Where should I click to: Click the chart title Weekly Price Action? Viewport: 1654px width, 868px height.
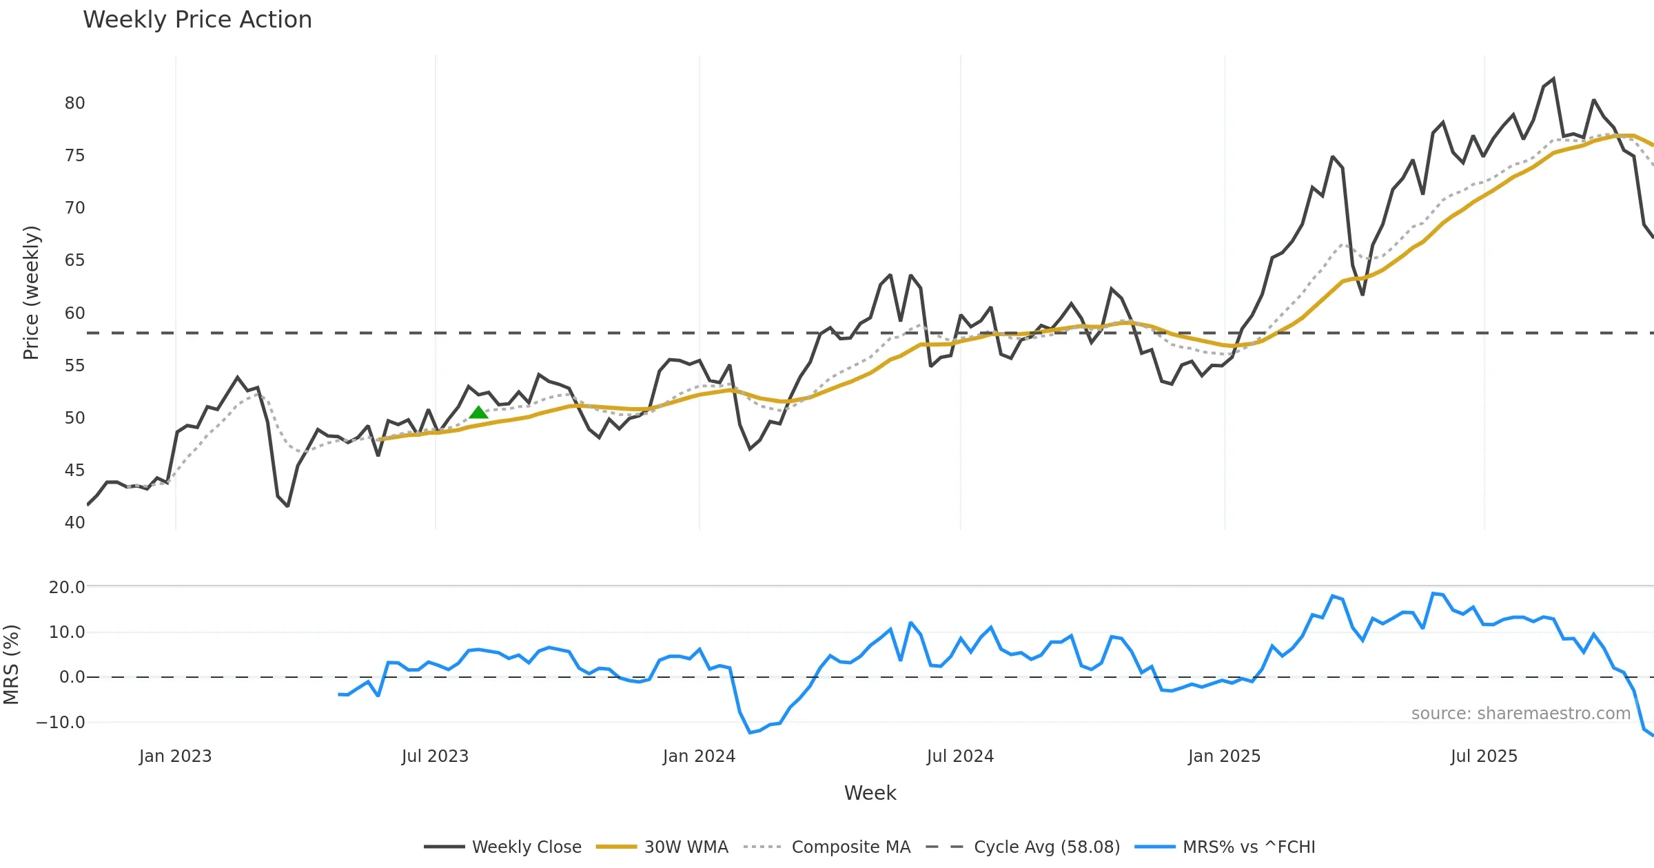197,20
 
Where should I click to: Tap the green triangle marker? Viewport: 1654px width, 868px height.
478,413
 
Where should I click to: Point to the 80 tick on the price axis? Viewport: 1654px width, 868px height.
74,103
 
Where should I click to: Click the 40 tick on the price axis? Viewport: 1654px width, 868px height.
74,523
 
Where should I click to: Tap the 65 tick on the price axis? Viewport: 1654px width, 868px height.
74,260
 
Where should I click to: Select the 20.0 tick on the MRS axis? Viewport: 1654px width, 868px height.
67,588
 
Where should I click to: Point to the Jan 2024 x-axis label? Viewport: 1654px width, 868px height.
699,756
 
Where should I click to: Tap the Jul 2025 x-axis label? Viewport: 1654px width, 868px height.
1484,756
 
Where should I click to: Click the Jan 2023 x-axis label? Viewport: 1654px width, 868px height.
175,756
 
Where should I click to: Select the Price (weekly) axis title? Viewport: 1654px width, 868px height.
32,293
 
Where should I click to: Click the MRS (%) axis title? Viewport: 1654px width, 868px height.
11,665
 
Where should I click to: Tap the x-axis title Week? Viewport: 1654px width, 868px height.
870,794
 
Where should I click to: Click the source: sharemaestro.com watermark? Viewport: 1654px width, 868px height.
1520,714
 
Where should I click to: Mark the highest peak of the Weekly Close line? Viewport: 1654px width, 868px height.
1553,79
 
